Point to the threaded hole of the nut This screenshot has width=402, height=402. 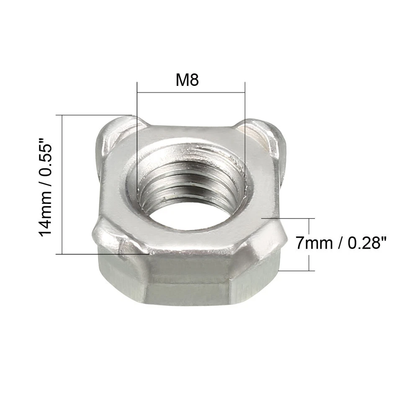[x=191, y=184]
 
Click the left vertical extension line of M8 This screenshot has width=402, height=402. [x=137, y=126]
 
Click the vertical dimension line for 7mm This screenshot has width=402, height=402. [x=309, y=244]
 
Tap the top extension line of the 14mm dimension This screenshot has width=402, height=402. [x=96, y=115]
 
